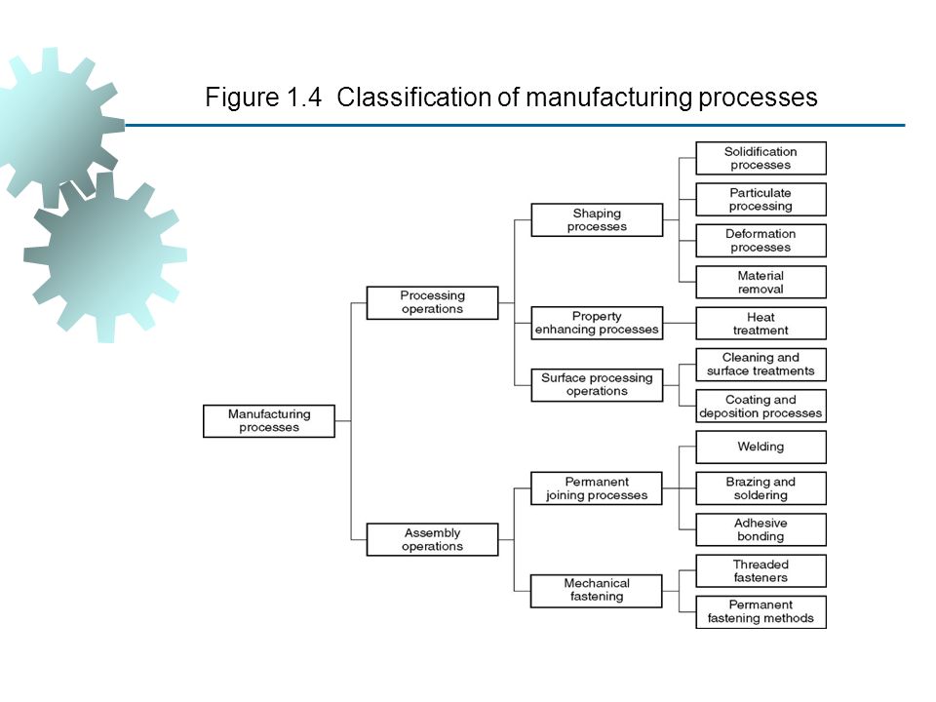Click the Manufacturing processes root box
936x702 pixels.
[x=269, y=421]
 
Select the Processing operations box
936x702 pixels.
[x=432, y=302]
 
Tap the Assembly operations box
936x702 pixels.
[x=432, y=539]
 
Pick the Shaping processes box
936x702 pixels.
[x=597, y=219]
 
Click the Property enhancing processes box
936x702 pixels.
[x=597, y=323]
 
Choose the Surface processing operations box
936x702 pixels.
[x=597, y=385]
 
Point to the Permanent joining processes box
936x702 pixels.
[x=597, y=488]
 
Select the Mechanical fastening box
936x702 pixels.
[x=597, y=591]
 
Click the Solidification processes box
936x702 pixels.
[x=761, y=158]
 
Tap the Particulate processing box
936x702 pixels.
[x=761, y=199]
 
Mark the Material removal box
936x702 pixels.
[x=761, y=282]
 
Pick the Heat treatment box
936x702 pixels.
[x=761, y=324]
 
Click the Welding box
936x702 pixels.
[x=761, y=448]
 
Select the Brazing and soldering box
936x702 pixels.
[x=761, y=488]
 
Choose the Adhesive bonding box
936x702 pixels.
[x=761, y=529]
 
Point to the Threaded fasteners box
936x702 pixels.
[x=761, y=570]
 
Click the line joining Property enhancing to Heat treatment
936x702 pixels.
[x=680, y=323]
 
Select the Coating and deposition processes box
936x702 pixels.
[x=761, y=406]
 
